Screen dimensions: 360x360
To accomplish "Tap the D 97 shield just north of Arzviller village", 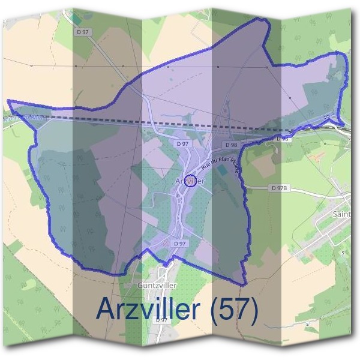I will [x=183, y=145].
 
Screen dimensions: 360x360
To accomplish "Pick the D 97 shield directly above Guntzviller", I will [x=179, y=244].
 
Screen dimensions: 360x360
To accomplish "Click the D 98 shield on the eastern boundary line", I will [x=283, y=139].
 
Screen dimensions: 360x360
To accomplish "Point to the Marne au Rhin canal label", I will [x=22, y=117].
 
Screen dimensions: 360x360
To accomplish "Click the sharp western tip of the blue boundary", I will [x=8, y=101].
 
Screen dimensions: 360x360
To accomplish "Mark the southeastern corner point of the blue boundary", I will [x=244, y=284].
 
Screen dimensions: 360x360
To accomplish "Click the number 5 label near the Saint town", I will [x=343, y=253].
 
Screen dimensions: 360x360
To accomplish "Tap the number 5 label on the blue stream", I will [x=307, y=325].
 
